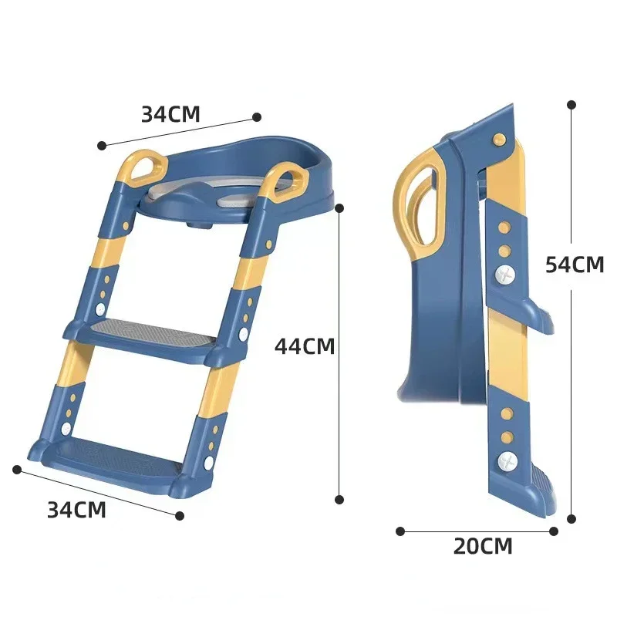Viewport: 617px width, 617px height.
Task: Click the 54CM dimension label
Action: [574, 265]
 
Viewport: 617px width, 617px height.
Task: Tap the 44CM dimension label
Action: [305, 346]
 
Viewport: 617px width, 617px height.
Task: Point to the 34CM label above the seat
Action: [170, 114]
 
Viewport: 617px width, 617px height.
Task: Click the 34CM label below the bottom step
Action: [76, 510]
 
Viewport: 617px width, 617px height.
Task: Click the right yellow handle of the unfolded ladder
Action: [286, 180]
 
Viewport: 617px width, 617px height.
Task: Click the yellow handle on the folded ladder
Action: [419, 201]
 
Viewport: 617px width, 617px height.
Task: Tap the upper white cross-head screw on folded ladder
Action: [505, 274]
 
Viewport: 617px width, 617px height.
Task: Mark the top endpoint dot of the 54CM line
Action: [571, 103]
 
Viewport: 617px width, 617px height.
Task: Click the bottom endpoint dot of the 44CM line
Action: [339, 500]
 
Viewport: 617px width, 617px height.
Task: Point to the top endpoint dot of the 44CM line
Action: [339, 207]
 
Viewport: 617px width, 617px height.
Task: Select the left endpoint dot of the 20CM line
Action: [400, 531]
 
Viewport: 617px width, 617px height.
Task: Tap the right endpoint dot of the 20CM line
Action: [553, 531]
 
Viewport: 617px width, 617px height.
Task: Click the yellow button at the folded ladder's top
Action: [499, 139]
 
